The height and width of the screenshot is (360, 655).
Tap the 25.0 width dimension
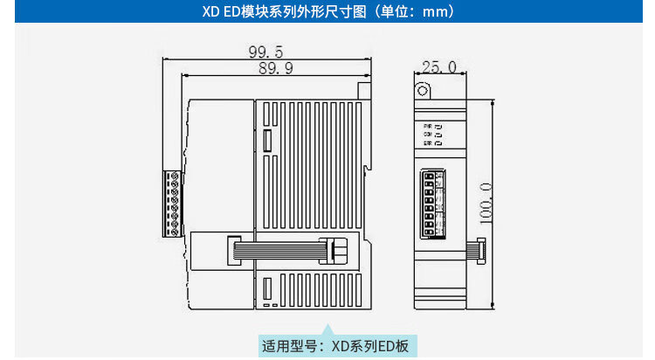click(x=438, y=66)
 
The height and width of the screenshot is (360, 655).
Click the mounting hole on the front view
click(x=424, y=90)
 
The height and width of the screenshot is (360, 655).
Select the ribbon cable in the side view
click(x=279, y=251)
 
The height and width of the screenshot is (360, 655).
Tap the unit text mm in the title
click(x=435, y=13)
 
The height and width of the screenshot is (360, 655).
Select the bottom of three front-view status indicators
click(x=438, y=143)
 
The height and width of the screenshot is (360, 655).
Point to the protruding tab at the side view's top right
click(x=364, y=89)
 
